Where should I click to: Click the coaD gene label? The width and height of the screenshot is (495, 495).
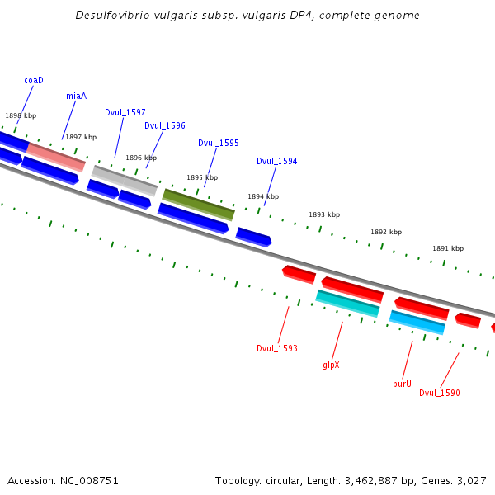tap(34, 80)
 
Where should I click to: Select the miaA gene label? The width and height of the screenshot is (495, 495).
tap(76, 96)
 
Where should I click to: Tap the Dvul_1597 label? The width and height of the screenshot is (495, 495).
tap(125, 112)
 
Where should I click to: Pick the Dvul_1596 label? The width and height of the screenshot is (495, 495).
tap(165, 126)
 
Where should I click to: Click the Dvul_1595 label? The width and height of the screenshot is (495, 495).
tap(219, 143)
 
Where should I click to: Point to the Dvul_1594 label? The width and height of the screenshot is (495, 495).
tap(277, 161)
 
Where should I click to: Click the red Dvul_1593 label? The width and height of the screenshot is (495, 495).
tap(276, 348)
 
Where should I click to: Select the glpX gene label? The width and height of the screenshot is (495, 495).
tap(331, 365)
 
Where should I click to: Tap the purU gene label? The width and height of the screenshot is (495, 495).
tap(402, 384)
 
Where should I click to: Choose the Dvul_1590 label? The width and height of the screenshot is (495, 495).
tap(440, 393)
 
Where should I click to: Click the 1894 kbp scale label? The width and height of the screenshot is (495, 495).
tap(263, 196)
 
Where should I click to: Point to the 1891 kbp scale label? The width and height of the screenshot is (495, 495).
tap(448, 248)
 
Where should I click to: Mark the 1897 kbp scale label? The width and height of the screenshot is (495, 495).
tap(81, 137)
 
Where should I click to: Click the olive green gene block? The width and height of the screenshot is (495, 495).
tap(199, 205)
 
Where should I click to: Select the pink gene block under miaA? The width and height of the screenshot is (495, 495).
tap(56, 155)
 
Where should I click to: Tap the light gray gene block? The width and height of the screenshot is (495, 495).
tap(125, 180)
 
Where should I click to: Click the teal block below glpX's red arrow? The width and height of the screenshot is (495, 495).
tap(347, 304)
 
